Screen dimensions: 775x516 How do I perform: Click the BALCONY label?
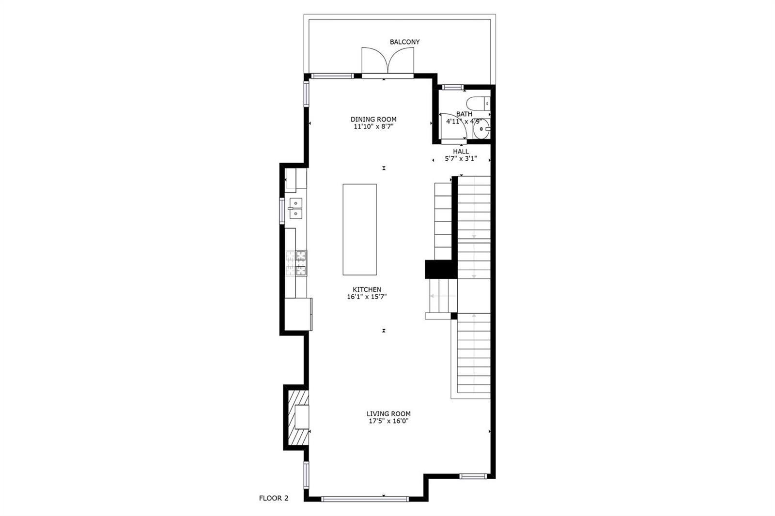pyautogui.click(x=404, y=42)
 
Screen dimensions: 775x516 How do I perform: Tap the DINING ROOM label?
pyautogui.click(x=373, y=119)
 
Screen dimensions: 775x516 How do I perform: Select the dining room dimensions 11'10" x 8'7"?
pyautogui.click(x=373, y=126)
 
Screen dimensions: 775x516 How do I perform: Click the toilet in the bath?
pyautogui.click(x=478, y=103)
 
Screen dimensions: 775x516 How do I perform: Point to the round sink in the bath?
pyautogui.click(x=481, y=129)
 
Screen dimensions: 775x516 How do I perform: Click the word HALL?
pyautogui.click(x=461, y=152)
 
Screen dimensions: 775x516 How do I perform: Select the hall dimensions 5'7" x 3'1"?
pyautogui.click(x=461, y=159)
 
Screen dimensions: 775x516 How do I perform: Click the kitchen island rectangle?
pyautogui.click(x=359, y=229)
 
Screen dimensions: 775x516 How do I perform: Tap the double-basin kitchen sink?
pyautogui.click(x=295, y=209)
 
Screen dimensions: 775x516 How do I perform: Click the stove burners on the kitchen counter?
pyautogui.click(x=296, y=263)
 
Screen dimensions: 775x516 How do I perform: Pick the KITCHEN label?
pyautogui.click(x=367, y=289)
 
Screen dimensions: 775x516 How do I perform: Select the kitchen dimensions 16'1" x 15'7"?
pyautogui.click(x=367, y=297)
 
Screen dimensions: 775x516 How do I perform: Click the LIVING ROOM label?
pyautogui.click(x=388, y=414)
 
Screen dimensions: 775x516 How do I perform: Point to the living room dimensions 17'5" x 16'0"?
pyautogui.click(x=389, y=421)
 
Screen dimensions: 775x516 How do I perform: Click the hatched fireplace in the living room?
pyautogui.click(x=298, y=417)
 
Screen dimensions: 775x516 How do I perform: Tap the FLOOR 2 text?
pyautogui.click(x=274, y=498)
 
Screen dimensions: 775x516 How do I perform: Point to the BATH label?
pyautogui.click(x=464, y=114)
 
